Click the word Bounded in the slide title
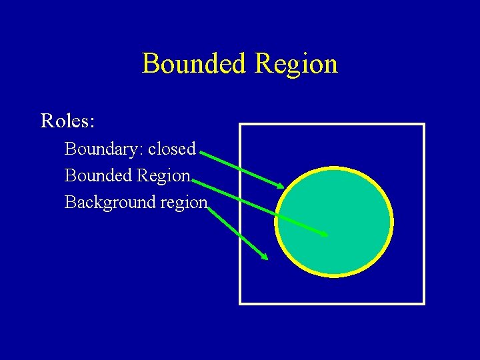(x=193, y=64)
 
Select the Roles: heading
(x=68, y=121)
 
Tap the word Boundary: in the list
(x=104, y=149)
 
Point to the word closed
(x=172, y=149)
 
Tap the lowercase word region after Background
(x=183, y=202)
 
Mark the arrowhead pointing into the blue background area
(x=265, y=256)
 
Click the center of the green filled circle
(x=334, y=221)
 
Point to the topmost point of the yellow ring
(x=334, y=167)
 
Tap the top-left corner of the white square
(x=241, y=125)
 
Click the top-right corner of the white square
(x=423, y=125)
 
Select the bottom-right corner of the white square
(x=423, y=303)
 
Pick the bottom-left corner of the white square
(x=241, y=303)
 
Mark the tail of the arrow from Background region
(x=209, y=207)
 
